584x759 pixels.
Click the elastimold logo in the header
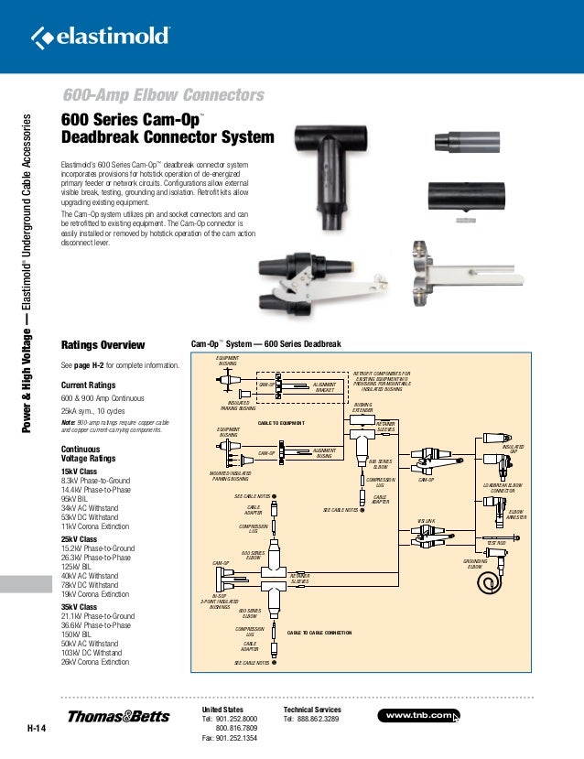[x=101, y=37]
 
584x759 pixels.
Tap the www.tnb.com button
[x=418, y=714]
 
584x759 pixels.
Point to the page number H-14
[x=36, y=729]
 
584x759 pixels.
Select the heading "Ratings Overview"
[x=103, y=345]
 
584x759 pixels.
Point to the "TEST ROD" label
[x=496, y=543]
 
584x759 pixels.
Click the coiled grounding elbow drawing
[x=495, y=582]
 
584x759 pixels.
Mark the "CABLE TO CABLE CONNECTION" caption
[x=319, y=633]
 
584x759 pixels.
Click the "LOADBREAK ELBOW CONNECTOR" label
[x=503, y=489]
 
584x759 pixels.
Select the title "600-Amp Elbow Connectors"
[x=163, y=96]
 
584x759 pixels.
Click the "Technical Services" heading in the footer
[x=312, y=710]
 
